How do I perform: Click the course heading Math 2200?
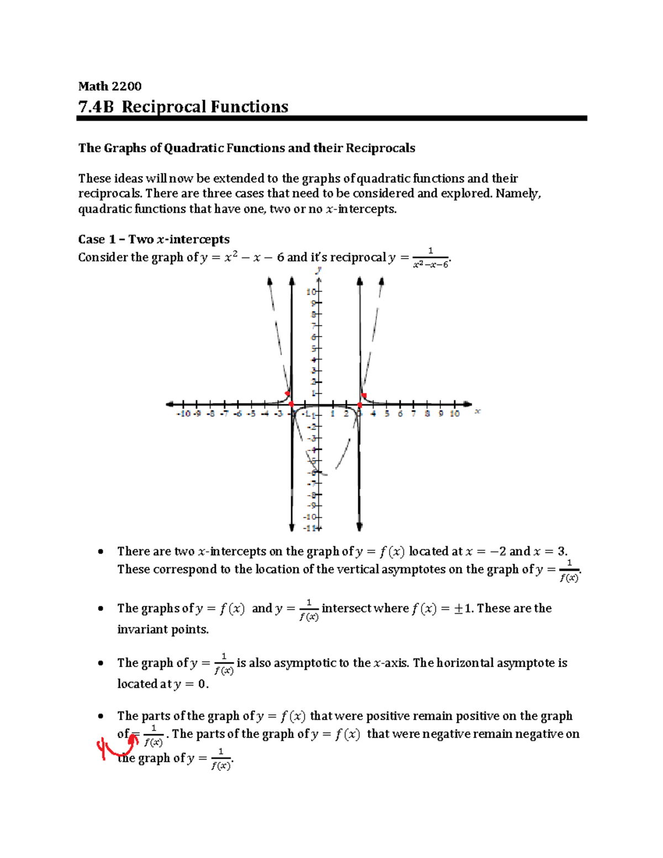[x=109, y=86]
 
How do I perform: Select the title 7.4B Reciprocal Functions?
[x=183, y=107]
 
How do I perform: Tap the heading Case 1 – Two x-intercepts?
[x=154, y=239]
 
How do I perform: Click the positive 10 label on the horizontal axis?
[x=454, y=414]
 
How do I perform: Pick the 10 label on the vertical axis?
[x=312, y=291]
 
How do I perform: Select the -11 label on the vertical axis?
[x=310, y=528]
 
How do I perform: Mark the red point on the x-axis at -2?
[x=292, y=405]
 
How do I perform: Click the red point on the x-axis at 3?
[x=360, y=405]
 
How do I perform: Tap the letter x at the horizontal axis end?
[x=477, y=411]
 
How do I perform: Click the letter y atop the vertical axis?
[x=318, y=270]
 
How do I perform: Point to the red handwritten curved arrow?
[x=119, y=746]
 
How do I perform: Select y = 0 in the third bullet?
[x=190, y=685]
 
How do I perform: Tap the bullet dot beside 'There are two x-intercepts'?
[x=100, y=551]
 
